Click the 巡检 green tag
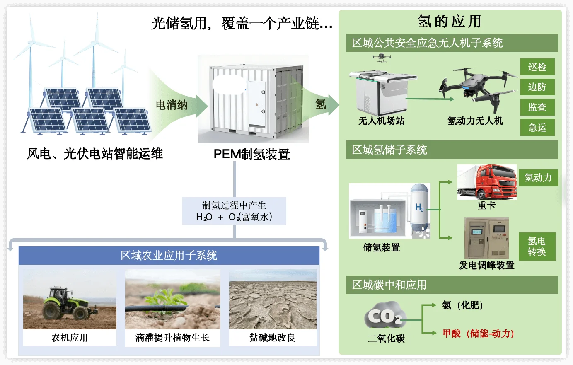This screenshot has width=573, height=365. [x=537, y=67]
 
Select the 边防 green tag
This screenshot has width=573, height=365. [x=537, y=87]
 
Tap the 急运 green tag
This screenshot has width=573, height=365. [x=537, y=128]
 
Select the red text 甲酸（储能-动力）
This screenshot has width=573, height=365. [x=478, y=334]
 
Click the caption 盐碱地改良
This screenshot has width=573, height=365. [x=272, y=338]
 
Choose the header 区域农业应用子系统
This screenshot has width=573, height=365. [x=169, y=256]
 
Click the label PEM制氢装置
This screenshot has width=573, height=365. [x=251, y=155]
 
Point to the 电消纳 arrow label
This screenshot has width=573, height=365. [x=172, y=105]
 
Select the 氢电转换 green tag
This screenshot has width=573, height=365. [x=537, y=247]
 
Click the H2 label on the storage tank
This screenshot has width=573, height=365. [x=419, y=207]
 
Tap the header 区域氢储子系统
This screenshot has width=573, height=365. [x=389, y=150]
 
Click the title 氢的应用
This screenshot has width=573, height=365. [x=450, y=22]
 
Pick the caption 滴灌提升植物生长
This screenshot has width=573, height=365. [x=172, y=338]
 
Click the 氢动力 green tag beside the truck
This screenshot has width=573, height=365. [x=538, y=178]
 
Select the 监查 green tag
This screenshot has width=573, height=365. [x=537, y=107]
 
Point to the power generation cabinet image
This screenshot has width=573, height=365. [x=486, y=238]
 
